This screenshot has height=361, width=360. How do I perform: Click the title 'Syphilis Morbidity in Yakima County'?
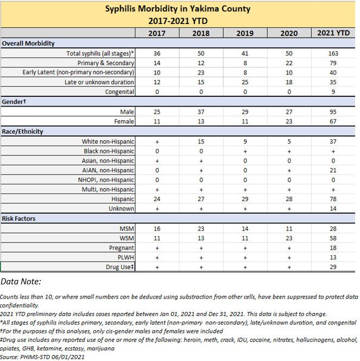[x=179, y=10]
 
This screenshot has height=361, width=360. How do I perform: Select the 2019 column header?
[x=245, y=33]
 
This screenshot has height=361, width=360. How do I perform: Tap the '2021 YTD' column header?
[x=333, y=33]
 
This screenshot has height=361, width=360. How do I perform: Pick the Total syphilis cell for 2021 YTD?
[x=333, y=53]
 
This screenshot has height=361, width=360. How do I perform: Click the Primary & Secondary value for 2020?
[x=289, y=63]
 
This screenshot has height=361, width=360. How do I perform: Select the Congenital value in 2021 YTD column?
[x=333, y=92]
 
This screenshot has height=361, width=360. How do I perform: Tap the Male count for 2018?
[x=200, y=112]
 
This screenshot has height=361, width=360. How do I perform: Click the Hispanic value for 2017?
[x=157, y=199]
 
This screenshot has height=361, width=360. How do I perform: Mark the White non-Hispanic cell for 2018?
[x=200, y=141]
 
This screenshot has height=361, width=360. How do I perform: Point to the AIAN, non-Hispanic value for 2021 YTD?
[x=333, y=170]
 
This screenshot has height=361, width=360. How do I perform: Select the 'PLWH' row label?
[x=125, y=257]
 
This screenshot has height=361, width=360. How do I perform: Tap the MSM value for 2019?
[x=245, y=228]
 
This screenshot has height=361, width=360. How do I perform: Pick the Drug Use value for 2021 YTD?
[x=333, y=267]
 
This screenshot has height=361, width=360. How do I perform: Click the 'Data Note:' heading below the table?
[x=24, y=282]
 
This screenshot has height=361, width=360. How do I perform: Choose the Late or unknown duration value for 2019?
[x=245, y=82]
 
